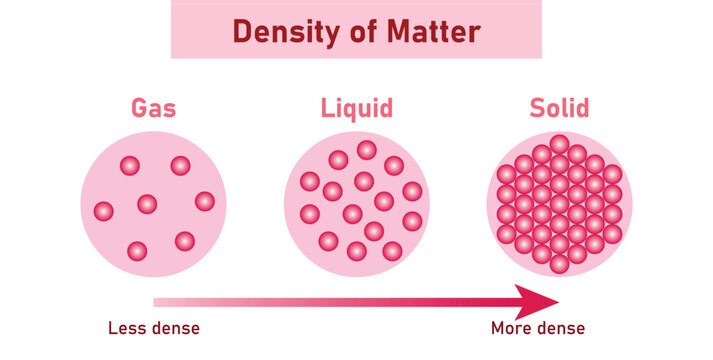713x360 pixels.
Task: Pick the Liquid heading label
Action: coord(357,109)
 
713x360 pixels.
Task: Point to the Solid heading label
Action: coord(559,109)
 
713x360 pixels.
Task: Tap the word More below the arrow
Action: coord(510,328)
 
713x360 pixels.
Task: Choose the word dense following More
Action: coord(560,328)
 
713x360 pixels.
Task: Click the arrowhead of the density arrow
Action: coord(535,300)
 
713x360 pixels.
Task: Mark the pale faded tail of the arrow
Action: coord(170,300)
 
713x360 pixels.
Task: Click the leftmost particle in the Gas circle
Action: coord(103,211)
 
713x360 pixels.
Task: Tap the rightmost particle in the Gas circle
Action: coord(205,201)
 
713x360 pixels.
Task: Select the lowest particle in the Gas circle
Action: coord(137,250)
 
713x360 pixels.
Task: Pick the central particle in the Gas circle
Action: coord(147,204)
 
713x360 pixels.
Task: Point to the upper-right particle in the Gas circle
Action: coord(180,165)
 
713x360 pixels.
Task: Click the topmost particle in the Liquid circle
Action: coord(367,150)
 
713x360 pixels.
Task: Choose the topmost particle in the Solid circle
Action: coord(559,144)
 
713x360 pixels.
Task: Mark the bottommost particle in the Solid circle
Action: coord(559,265)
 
